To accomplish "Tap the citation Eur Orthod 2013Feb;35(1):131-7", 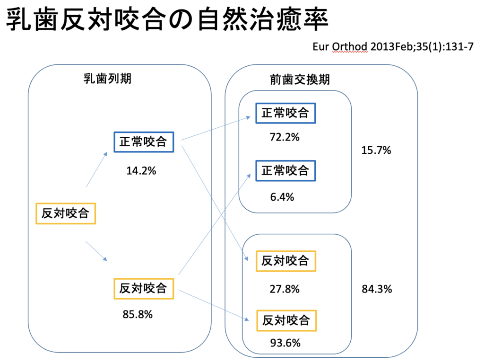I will [x=393, y=47].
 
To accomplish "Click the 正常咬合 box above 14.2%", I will [x=144, y=142].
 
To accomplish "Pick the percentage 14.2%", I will [x=141, y=171].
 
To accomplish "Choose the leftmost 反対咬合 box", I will [x=66, y=213].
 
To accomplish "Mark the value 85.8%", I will [x=138, y=314].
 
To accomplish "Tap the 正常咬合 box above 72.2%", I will [x=285, y=113].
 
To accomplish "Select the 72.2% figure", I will [x=285, y=137].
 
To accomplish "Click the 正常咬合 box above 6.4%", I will [x=285, y=170].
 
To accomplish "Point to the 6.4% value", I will [x=282, y=196].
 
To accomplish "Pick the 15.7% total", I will [x=376, y=151].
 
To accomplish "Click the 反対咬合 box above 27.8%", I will [x=285, y=260].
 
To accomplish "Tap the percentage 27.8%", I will [x=285, y=289].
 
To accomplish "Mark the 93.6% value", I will [x=285, y=343].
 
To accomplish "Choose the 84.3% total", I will [x=377, y=289].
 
